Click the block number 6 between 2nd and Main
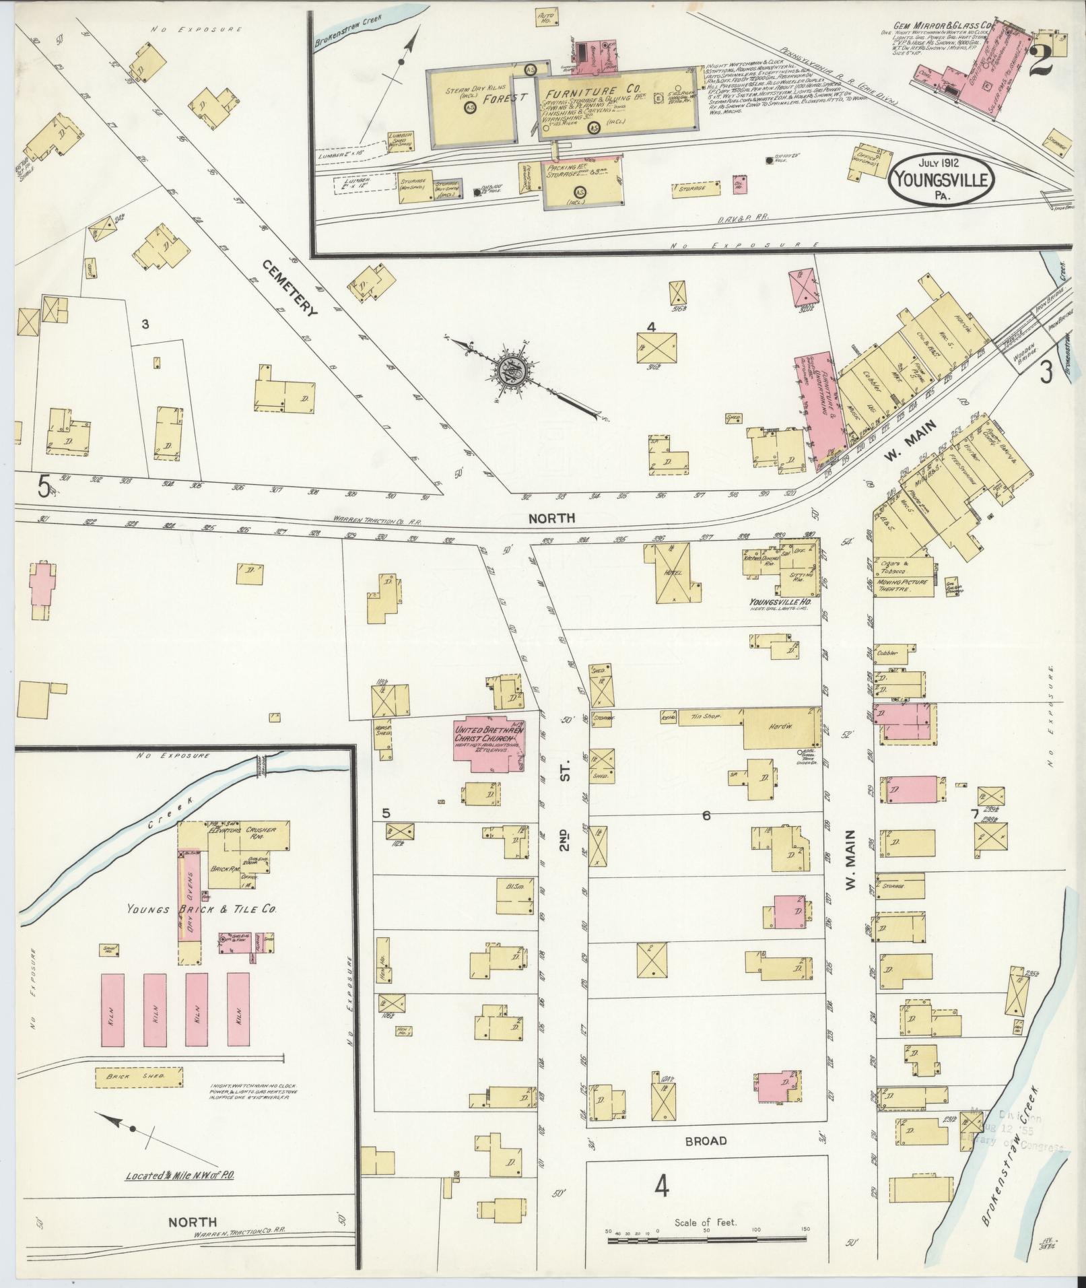(706, 815)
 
